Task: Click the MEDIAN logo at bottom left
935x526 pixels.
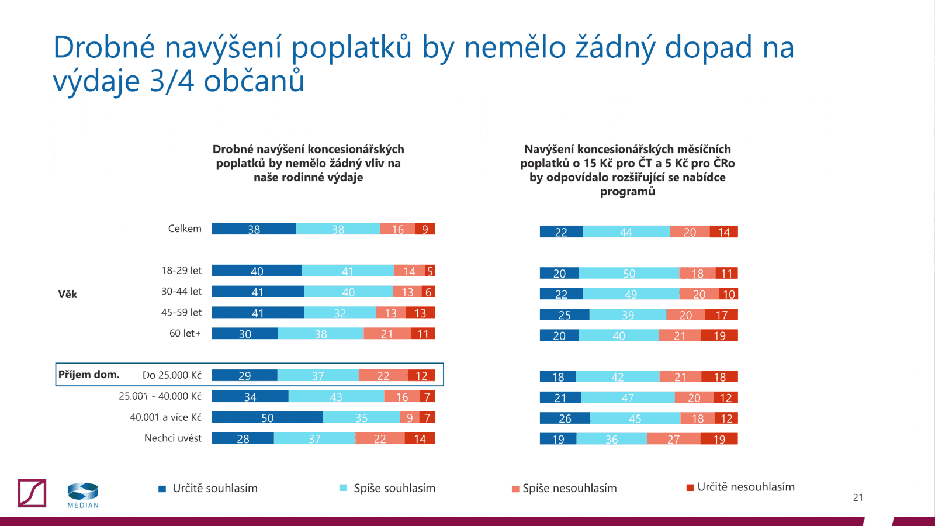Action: click(82, 494)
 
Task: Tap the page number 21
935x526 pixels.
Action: click(858, 497)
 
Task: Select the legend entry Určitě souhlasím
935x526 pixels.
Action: click(214, 488)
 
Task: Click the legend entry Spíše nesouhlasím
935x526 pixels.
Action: click(569, 488)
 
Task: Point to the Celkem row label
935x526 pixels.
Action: click(185, 229)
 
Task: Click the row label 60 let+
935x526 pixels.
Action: click(185, 333)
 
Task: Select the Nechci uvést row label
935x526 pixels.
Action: click(172, 438)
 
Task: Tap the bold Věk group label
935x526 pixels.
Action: click(67, 294)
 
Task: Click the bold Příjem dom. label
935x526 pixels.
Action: click(89, 374)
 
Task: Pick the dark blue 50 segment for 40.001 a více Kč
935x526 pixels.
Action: click(267, 417)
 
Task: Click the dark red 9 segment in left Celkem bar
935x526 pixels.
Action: click(425, 229)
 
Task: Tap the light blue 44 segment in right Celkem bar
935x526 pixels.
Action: click(626, 231)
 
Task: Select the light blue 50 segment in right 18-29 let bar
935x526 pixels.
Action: click(629, 273)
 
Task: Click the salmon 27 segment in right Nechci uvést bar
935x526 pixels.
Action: click(673, 438)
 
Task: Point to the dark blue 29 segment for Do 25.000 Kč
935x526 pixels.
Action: click(244, 375)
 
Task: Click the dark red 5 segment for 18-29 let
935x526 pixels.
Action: click(430, 271)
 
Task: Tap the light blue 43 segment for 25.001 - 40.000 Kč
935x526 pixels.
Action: click(336, 396)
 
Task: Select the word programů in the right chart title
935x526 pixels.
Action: click(627, 191)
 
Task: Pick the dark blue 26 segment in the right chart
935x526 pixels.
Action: click(565, 418)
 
